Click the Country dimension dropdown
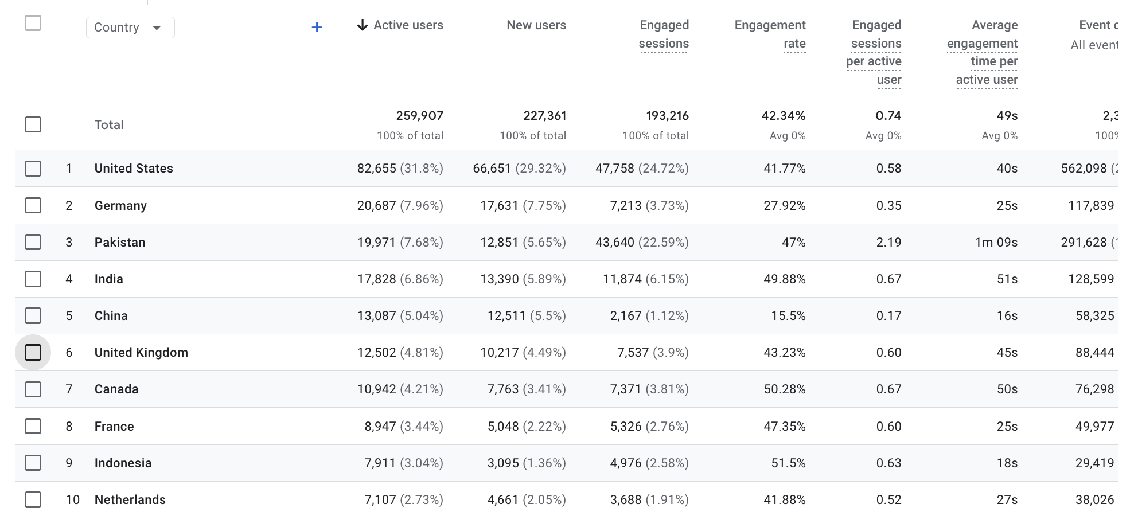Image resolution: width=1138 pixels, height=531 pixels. pos(130,28)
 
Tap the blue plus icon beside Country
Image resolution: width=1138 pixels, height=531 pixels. pos(317,28)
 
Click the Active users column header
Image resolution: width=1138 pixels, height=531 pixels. pos(408,25)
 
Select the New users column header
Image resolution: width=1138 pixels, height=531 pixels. pos(536,25)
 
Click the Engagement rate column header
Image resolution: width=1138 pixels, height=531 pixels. pos(770,34)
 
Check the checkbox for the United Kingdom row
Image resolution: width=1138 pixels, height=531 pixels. pos(33,352)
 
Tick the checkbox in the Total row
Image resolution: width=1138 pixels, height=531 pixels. pos(33,124)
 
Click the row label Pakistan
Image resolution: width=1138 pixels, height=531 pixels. pos(120,242)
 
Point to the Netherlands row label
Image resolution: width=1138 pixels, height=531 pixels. pos(130,499)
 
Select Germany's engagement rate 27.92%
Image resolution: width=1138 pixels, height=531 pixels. pos(784,205)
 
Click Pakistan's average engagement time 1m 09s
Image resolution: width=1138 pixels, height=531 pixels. pos(996,242)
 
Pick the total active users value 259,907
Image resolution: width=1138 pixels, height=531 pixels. pos(419,116)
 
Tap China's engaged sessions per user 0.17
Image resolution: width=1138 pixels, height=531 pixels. pos(888,315)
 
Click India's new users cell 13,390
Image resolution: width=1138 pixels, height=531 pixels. pos(499,279)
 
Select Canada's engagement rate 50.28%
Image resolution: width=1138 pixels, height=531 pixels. pos(784,389)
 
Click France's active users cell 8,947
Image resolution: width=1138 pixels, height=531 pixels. pos(380,426)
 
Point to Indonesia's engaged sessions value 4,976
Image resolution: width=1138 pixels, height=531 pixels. pos(626,463)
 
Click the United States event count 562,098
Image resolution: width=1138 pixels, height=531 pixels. pos(1084,168)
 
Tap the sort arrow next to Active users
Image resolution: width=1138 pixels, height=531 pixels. pos(362,25)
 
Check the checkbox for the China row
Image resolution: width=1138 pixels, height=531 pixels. pos(33,315)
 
